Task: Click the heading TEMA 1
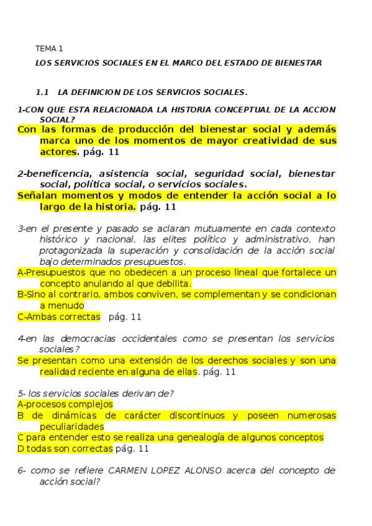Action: pyautogui.click(x=49, y=48)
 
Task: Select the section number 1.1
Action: pyautogui.click(x=42, y=92)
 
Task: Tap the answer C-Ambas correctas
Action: pyautogui.click(x=59, y=317)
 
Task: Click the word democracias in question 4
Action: pyautogui.click(x=84, y=339)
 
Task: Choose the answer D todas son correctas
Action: pyautogui.click(x=65, y=448)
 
